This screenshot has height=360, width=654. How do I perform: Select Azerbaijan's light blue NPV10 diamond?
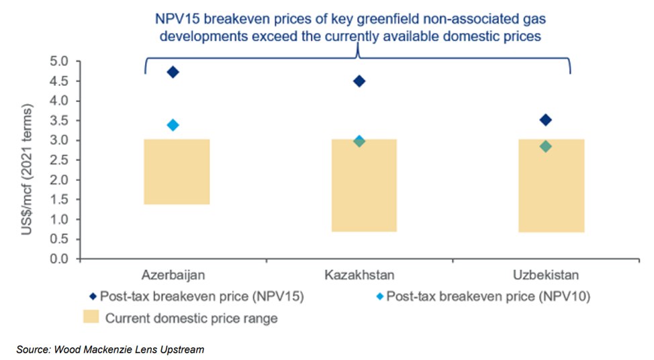[x=173, y=125]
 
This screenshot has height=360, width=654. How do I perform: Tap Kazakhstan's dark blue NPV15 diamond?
[x=359, y=81]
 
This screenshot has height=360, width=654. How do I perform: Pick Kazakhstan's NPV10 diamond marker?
[x=359, y=141]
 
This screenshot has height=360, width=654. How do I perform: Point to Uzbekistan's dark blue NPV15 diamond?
[x=545, y=120]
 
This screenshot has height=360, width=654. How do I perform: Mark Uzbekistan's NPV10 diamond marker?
[x=545, y=146]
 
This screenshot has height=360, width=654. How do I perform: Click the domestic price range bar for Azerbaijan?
[x=177, y=172]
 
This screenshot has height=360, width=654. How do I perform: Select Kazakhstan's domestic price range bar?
[x=364, y=185]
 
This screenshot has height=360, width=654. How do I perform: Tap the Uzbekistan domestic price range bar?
[x=551, y=186]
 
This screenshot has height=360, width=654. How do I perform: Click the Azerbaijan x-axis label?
[x=173, y=275]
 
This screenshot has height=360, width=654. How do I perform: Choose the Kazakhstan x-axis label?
[x=359, y=275]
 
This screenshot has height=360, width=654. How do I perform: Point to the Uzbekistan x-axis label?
[x=546, y=275]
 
